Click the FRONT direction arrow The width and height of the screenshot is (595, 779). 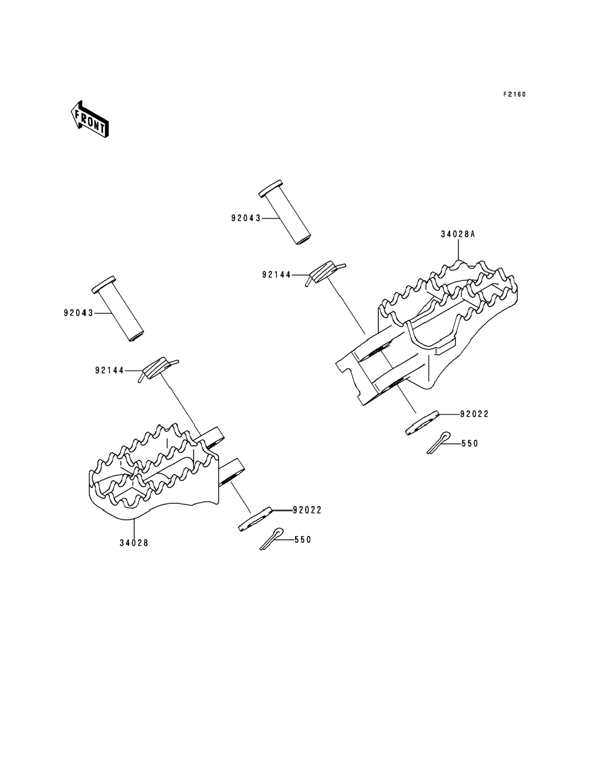click(89, 119)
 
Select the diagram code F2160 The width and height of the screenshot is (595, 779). click(515, 94)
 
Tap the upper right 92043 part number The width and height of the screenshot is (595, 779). click(246, 218)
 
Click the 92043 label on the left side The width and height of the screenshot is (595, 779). click(78, 313)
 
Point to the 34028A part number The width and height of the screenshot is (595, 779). click(457, 234)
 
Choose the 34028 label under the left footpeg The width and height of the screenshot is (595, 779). click(134, 543)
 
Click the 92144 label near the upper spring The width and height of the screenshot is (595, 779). click(277, 275)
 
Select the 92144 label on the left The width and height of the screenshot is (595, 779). click(110, 370)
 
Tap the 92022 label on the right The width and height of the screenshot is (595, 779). click(474, 414)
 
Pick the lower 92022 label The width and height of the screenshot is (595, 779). click(307, 510)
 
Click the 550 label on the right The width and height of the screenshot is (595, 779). click(470, 443)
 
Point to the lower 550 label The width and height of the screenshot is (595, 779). click(303, 540)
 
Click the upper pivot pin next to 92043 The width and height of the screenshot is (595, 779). click(285, 212)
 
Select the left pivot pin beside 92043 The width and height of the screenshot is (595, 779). click(118, 308)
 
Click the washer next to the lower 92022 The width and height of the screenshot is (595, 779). click(255, 519)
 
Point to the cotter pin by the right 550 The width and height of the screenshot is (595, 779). click(438, 443)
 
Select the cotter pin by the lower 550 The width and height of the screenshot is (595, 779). click(272, 539)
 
